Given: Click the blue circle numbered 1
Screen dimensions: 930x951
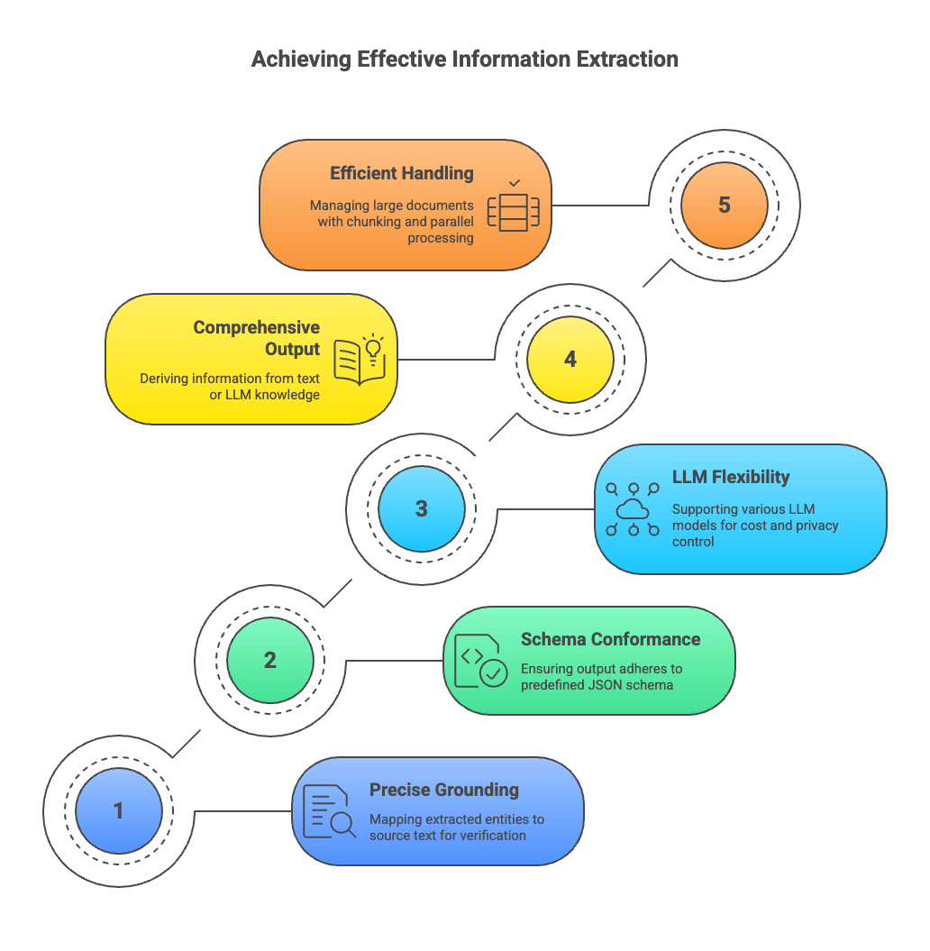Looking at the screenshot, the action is coord(119,811).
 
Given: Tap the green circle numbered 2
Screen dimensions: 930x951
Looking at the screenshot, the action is coord(270,661).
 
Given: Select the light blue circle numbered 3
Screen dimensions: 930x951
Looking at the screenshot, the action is coord(422,509).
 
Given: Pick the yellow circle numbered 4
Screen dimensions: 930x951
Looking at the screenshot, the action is coord(570,360).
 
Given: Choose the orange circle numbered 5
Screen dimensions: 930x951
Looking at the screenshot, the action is coord(725,205).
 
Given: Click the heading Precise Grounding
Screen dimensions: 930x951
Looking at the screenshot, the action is coord(444,790).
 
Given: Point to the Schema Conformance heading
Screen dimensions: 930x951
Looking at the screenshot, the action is coord(610,639).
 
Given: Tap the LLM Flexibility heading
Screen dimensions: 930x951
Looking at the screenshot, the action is coord(731,478).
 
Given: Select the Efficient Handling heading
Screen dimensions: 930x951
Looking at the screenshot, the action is coord(402,173).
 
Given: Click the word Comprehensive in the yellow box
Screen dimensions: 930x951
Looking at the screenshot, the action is coord(257,327).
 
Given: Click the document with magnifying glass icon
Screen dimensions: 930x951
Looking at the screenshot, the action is coord(329,811).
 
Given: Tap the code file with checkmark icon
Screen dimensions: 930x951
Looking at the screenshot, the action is coord(480,661).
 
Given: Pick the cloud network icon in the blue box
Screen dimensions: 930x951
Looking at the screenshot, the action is coord(633,509).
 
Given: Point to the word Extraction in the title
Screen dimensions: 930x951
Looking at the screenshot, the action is coord(627,59).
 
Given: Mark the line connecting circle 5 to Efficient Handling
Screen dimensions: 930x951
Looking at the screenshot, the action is coord(600,205).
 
